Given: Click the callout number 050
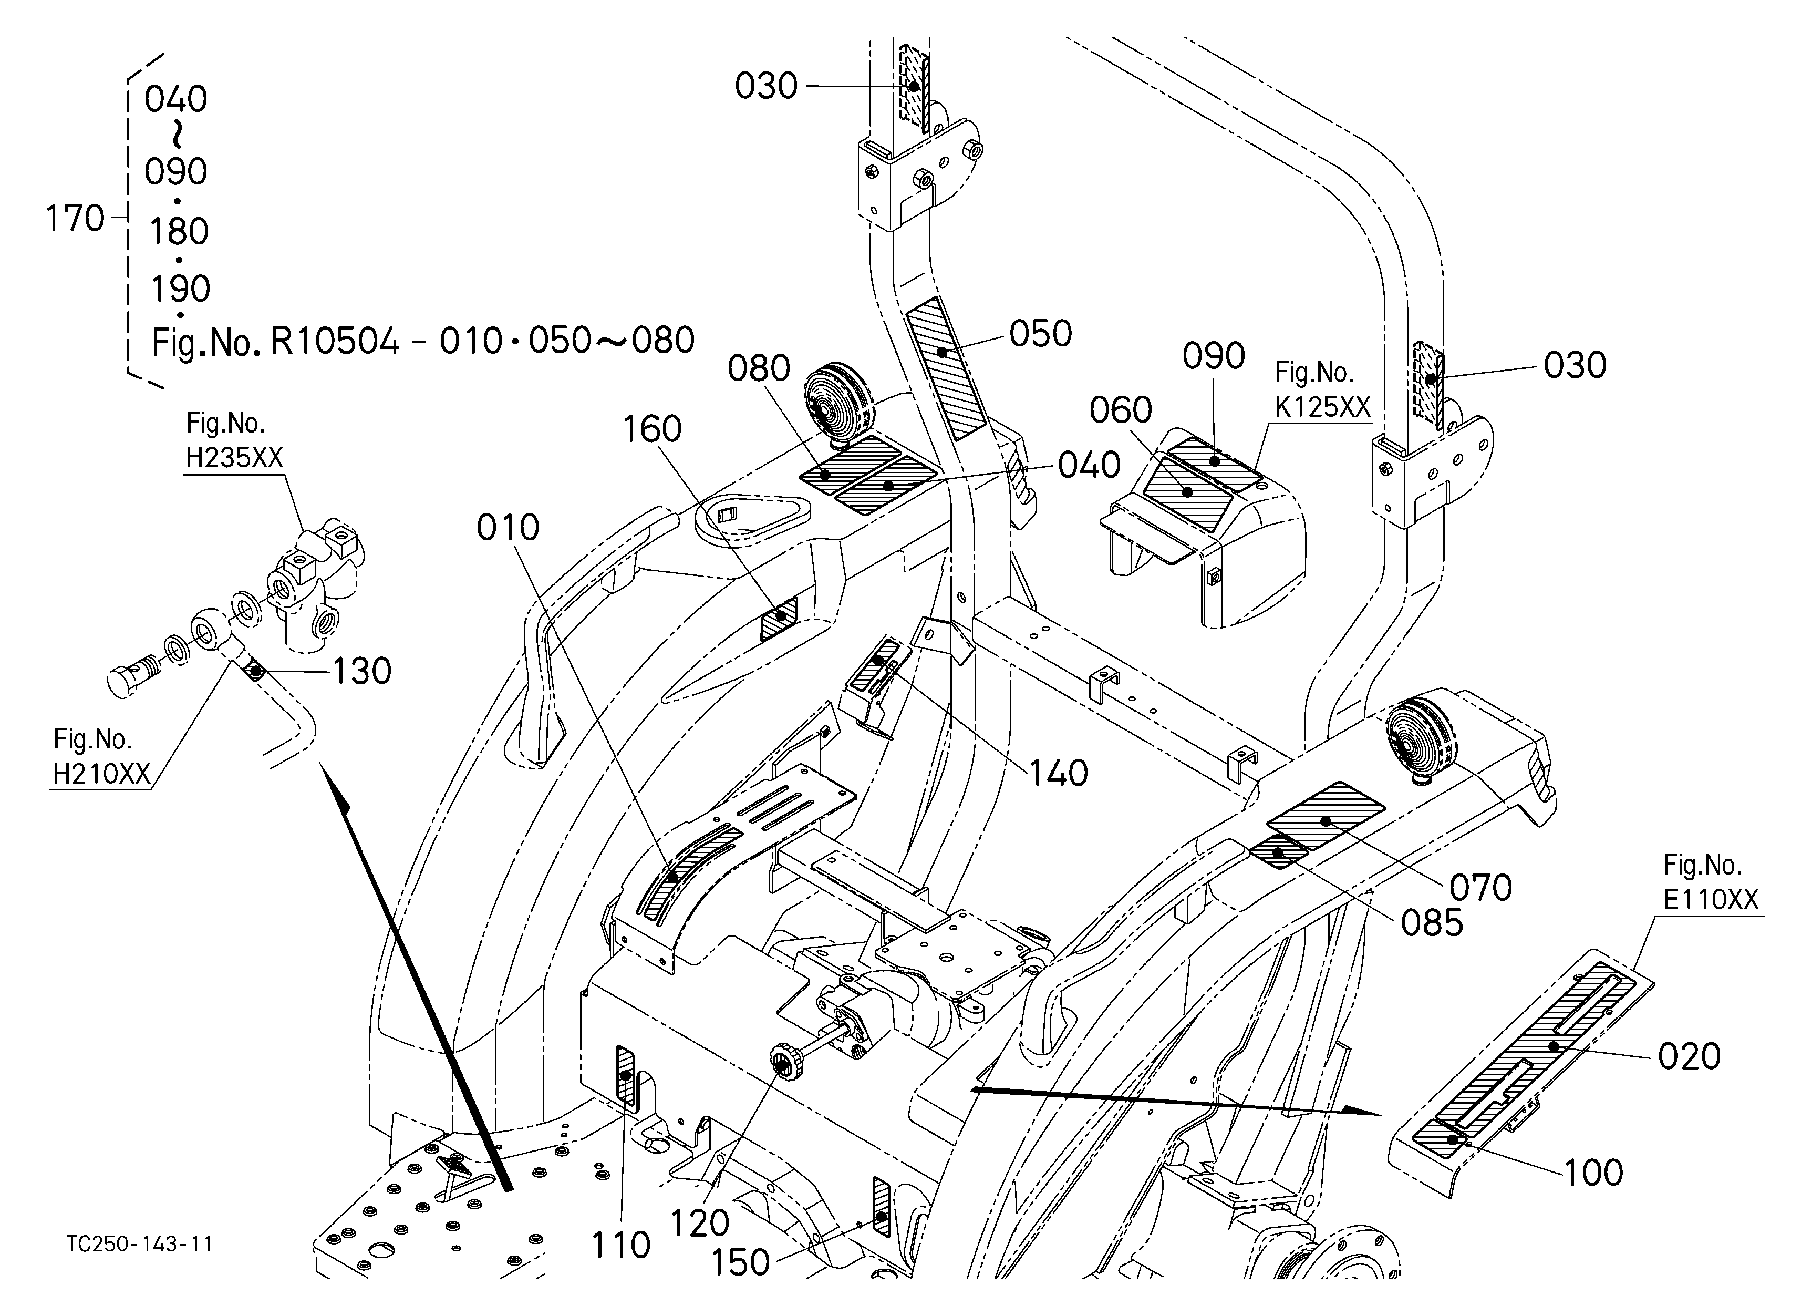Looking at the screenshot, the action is point(1040,334).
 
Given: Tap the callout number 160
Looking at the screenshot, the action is point(652,429).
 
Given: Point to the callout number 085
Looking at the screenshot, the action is point(1432,924).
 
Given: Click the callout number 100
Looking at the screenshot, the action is point(1593,1174).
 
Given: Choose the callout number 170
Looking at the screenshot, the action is point(75,218).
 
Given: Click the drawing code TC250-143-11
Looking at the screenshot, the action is point(140,1244).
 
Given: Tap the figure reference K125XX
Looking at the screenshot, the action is point(1322,407).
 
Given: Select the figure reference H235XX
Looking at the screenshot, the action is point(234,457).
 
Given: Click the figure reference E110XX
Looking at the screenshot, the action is point(1711,900).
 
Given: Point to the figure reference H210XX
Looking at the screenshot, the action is point(101,774).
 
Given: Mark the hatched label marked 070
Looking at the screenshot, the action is point(1326,815).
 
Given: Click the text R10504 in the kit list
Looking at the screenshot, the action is point(334,341).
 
